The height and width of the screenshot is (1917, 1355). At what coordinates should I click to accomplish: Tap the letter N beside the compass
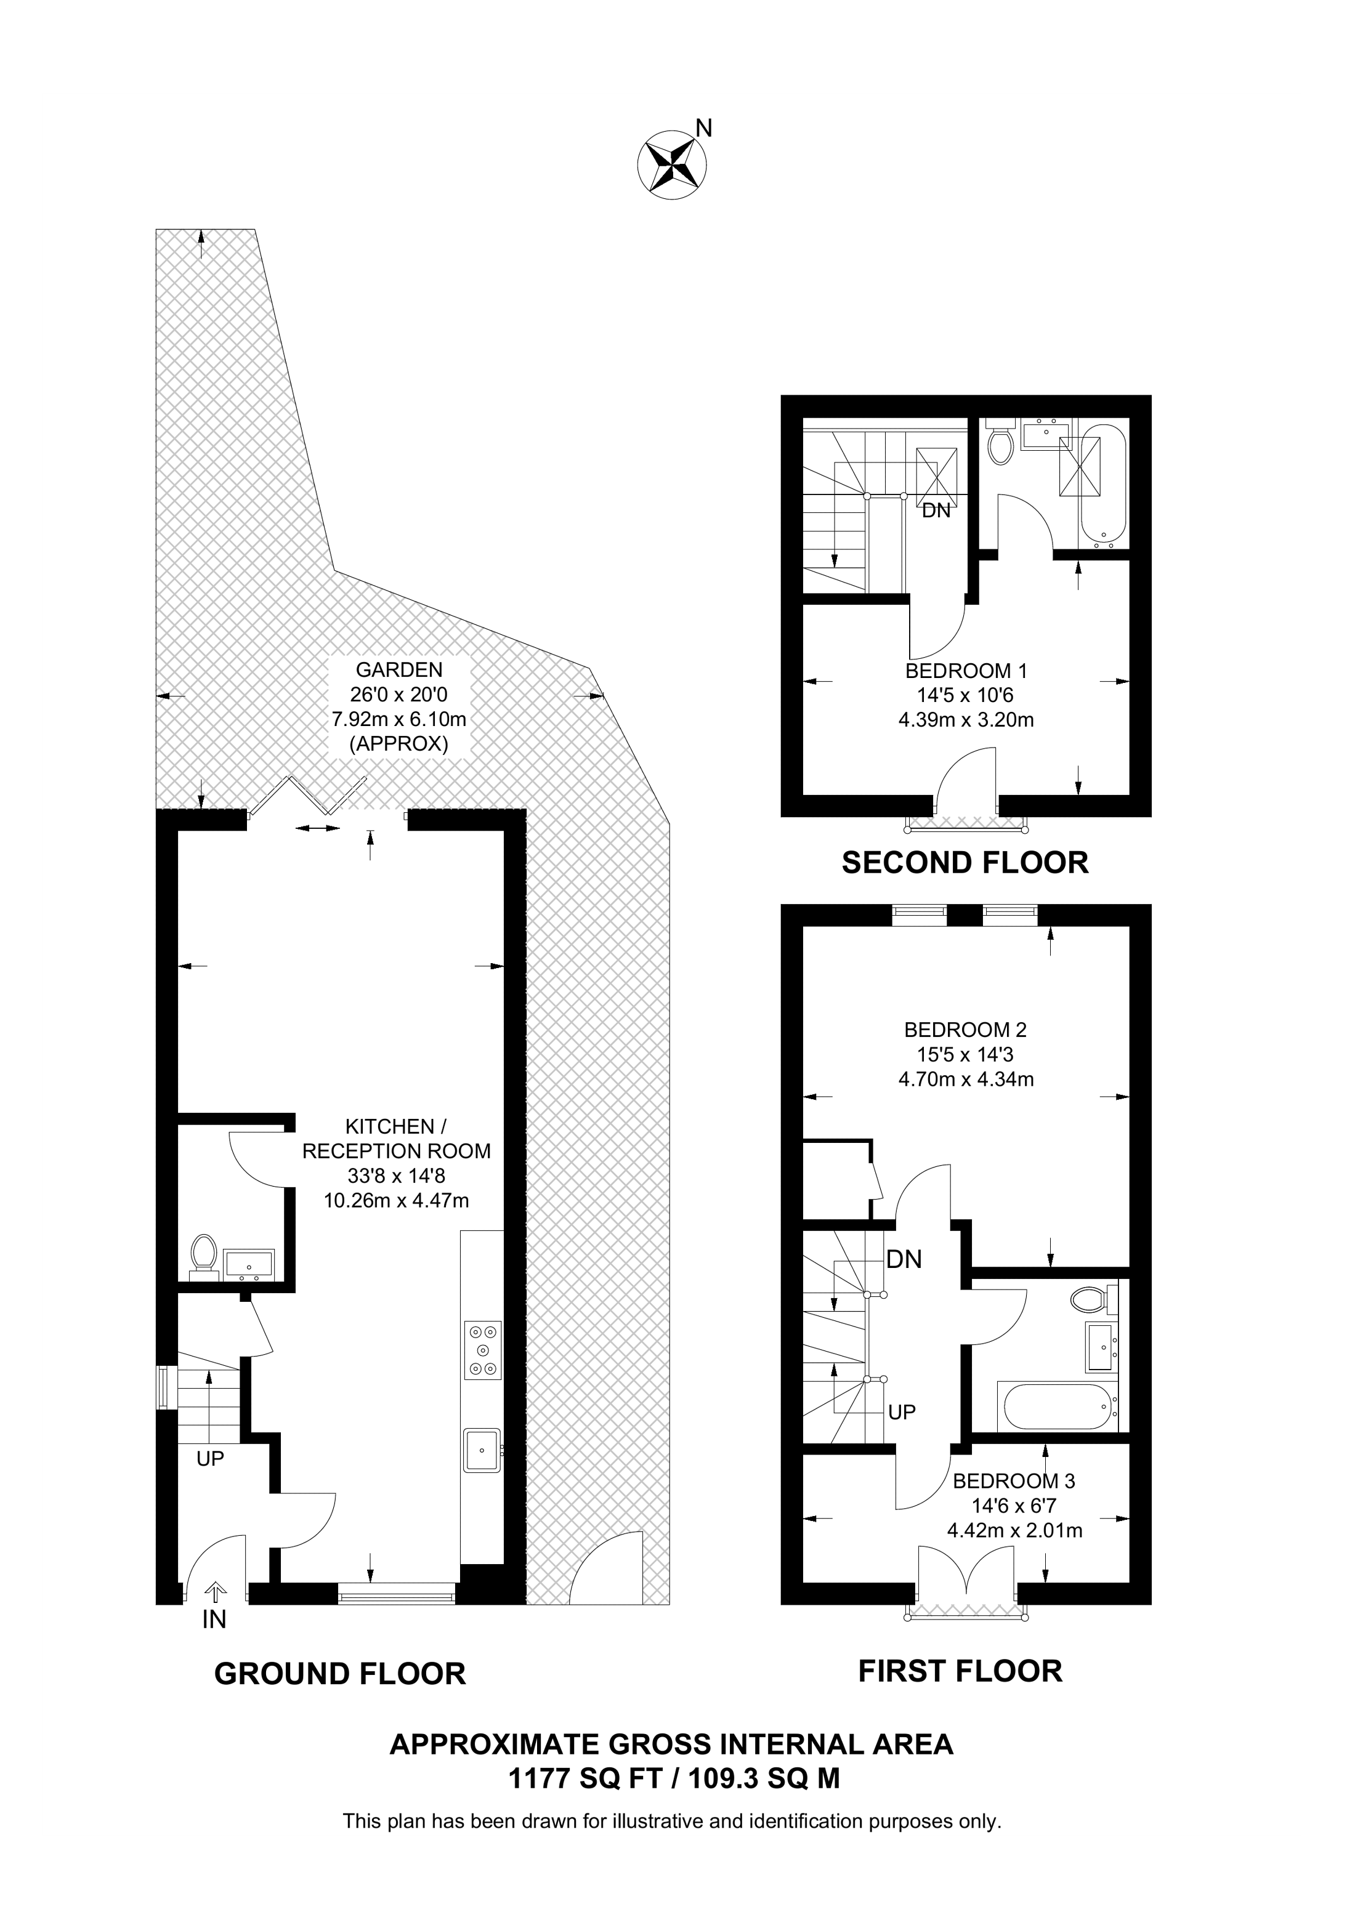704,127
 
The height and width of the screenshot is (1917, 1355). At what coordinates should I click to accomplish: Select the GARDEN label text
399,669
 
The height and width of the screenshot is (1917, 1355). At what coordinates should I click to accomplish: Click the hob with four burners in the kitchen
482,1350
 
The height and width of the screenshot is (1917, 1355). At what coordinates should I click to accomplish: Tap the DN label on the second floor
936,511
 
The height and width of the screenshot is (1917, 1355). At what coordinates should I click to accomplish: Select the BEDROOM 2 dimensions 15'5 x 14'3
965,1054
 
